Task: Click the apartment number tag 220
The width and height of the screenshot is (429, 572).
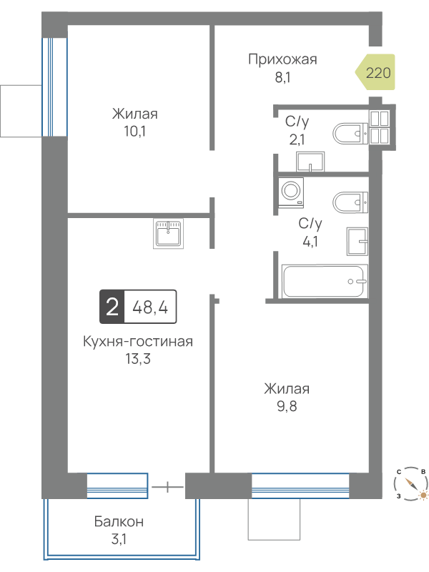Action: tap(376, 72)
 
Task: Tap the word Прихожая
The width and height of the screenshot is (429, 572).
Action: tap(282, 59)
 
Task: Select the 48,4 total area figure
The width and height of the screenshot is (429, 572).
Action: tap(150, 307)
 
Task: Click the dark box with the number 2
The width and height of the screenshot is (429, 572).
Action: tap(112, 307)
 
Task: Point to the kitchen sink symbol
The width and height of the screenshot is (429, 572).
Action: tap(168, 234)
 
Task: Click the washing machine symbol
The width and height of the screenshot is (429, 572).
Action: tap(291, 192)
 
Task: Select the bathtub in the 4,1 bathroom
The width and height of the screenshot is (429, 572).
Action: tap(323, 281)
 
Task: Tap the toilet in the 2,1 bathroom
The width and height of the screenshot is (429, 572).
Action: tap(350, 134)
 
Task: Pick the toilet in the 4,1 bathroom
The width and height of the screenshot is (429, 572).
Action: tap(350, 202)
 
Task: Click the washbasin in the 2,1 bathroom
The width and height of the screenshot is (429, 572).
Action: tap(310, 162)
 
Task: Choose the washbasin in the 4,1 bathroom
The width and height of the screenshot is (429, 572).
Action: tap(357, 241)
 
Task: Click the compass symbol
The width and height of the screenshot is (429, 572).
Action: tap(411, 483)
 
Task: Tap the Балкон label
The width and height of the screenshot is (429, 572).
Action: tap(119, 522)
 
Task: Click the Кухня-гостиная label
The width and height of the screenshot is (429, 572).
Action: tap(138, 342)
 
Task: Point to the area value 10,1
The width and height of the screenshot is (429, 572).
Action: tap(134, 132)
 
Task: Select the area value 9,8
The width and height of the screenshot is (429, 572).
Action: tap(287, 406)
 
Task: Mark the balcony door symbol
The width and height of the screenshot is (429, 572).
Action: tap(167, 487)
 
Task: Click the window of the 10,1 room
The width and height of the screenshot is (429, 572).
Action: tap(54, 87)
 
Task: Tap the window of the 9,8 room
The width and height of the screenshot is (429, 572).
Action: tap(300, 485)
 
